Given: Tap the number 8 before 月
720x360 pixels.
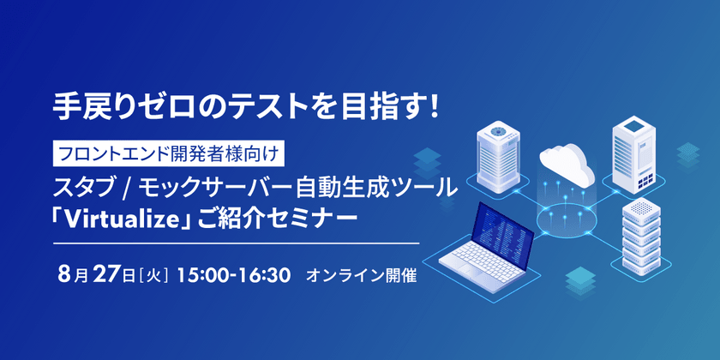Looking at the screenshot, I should coord(63,277).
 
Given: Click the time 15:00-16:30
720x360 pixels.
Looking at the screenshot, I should coord(237,277).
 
